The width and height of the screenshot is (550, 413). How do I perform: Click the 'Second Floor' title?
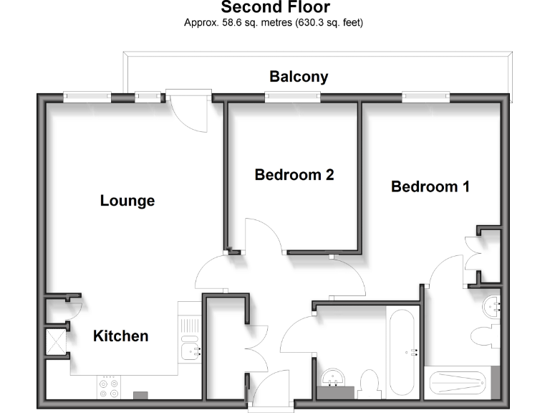coord(275,8)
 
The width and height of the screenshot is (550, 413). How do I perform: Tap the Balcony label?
coord(299,77)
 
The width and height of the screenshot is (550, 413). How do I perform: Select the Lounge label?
coord(127,201)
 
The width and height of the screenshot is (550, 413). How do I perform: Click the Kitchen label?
coord(121,336)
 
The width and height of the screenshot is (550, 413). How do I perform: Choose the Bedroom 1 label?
coord(430,186)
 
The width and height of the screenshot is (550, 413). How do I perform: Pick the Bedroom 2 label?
coord(294,174)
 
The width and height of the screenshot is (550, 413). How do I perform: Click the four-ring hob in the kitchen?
coord(109,388)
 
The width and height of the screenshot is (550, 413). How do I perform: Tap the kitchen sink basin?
coord(189,351)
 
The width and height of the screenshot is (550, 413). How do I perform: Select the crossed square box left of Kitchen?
coord(54,341)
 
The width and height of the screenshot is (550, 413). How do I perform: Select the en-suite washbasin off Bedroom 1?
coord(493,307)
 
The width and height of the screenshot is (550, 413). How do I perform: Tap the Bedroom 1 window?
coord(425,97)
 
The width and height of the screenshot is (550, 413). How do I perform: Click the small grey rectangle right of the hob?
coord(141,394)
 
